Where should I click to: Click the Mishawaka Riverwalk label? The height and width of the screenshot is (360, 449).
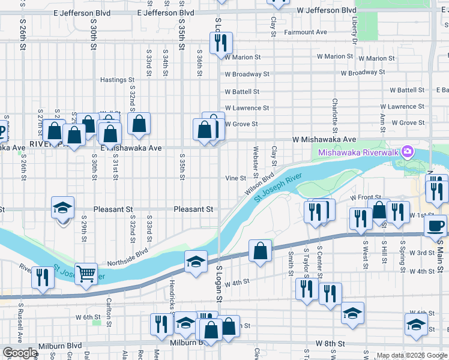click(358, 152)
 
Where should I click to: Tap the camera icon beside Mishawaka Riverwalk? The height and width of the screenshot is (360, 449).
click(408, 151)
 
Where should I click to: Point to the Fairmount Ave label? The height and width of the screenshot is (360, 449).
click(306, 32)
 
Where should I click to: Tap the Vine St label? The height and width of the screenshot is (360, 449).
click(235, 178)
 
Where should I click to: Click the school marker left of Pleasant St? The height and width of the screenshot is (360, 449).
click(62, 208)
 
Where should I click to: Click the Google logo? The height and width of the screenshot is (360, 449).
click(20, 353)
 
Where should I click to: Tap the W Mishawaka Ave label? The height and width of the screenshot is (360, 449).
click(324, 139)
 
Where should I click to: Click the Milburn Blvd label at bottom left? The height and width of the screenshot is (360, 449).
click(59, 346)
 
